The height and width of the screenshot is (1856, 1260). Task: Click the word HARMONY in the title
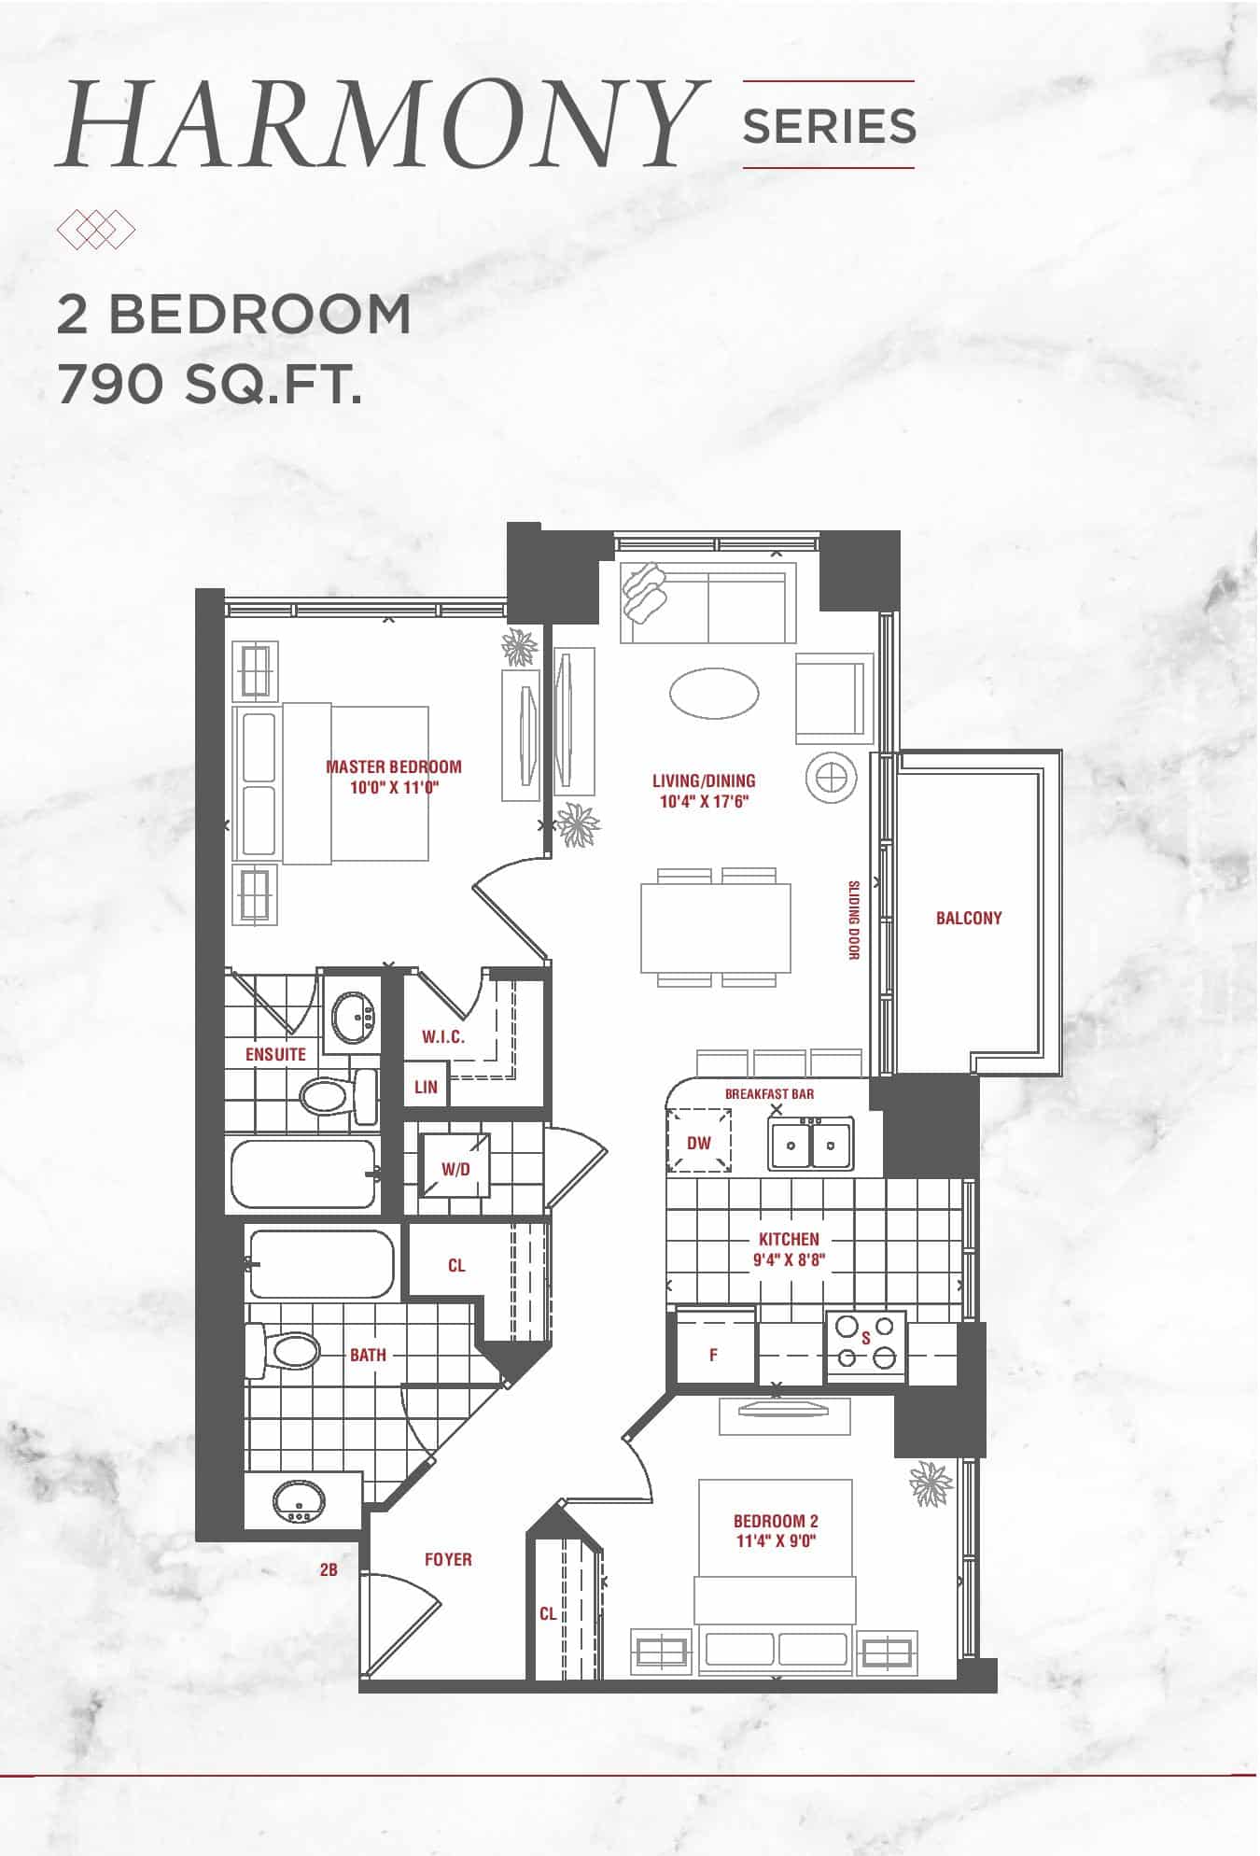380,124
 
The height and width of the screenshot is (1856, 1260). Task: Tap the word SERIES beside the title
829,126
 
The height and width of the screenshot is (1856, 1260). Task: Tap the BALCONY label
969,919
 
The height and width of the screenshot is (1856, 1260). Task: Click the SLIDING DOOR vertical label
854,920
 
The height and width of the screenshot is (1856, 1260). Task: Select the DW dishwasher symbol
698,1140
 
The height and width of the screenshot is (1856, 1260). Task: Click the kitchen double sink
810,1144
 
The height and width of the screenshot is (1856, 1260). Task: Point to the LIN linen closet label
426,1087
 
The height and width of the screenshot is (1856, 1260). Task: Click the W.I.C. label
443,1036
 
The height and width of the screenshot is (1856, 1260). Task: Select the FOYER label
448,1559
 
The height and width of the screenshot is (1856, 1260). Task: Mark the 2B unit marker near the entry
329,1570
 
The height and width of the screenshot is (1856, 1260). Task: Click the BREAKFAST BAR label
770,1093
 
